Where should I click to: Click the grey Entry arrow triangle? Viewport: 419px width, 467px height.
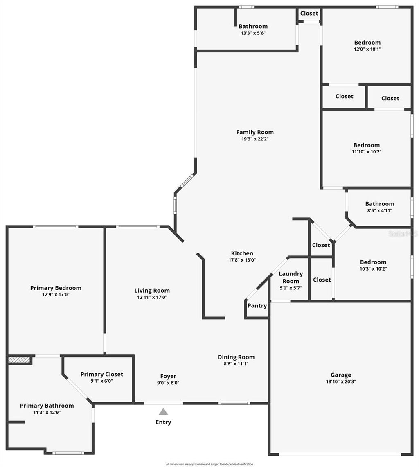pos(163,412)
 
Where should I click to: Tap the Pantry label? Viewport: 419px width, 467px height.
pos(257,306)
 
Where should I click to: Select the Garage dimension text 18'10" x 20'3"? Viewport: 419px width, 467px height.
pos(341,381)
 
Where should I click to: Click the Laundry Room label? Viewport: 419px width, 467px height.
pos(291,277)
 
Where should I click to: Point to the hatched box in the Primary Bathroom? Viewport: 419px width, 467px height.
pos(19,360)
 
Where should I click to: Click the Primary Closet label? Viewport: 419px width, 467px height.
pos(101,374)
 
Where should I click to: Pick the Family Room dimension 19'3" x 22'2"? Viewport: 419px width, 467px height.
pos(255,139)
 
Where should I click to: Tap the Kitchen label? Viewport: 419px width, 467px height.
pos(242,253)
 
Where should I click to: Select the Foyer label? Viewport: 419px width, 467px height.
pos(168,376)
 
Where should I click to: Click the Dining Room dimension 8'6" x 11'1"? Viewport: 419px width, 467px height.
pos(236,363)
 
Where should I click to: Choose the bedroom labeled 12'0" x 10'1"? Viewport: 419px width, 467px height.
pos(367,45)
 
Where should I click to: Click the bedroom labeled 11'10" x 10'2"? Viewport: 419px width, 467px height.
pos(366,148)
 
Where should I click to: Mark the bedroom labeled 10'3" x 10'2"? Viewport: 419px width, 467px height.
pos(373,265)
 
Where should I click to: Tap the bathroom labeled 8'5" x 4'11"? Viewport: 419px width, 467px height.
pos(380,207)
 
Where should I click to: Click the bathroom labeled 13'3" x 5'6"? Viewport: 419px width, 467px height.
pos(253,29)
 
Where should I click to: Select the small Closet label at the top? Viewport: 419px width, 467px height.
pos(309,14)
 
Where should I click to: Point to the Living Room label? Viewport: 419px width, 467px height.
pos(152,291)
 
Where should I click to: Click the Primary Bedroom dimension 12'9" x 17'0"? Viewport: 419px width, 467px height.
pos(56,294)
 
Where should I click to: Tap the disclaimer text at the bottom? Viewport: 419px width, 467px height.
pos(209,464)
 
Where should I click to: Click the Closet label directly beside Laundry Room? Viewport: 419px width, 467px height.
pos(322,280)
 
